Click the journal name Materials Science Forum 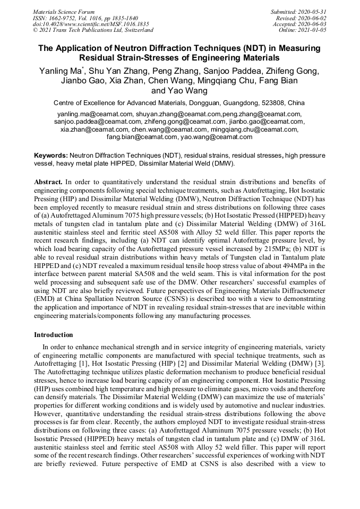(64, 11)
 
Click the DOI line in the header (91, 24)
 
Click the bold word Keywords (50, 156)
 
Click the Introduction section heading (53, 335)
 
